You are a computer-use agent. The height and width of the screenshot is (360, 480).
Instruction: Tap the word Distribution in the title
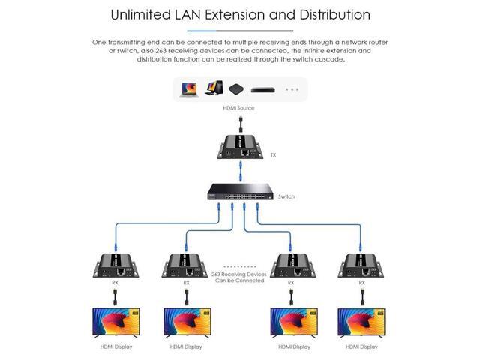pos(323,13)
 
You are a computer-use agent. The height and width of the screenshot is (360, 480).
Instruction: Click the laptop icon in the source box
pos(188,89)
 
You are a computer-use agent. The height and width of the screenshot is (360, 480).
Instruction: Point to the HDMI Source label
pos(238,108)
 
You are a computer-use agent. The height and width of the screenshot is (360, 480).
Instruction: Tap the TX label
pos(274,155)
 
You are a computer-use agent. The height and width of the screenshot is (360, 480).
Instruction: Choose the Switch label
pos(286,196)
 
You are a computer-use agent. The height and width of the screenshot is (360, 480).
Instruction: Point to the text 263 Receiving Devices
pos(238,274)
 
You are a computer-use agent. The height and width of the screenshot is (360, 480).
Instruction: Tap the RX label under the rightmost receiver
pos(362,283)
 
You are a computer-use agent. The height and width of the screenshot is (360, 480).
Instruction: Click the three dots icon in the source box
pos(291,89)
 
